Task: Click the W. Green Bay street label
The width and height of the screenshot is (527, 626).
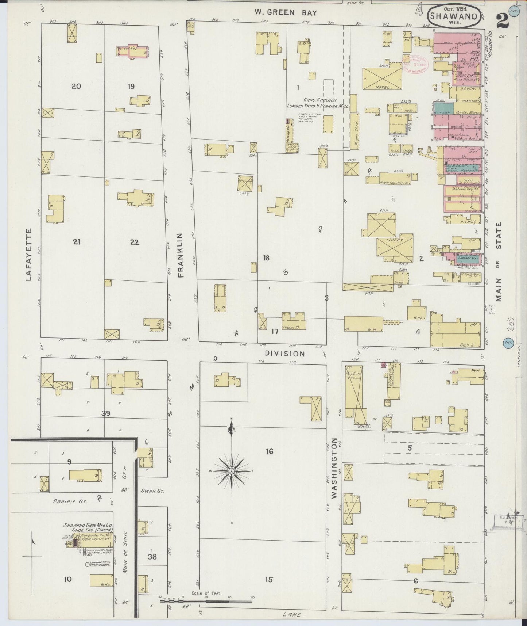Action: (286, 13)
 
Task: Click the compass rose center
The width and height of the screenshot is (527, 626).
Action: (232, 471)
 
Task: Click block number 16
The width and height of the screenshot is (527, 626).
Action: (269, 452)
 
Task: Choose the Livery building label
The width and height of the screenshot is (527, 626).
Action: (395, 241)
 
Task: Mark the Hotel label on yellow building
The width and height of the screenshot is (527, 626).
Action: (383, 88)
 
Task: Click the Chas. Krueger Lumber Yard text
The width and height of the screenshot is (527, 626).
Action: (317, 103)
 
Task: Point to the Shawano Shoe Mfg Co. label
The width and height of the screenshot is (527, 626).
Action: (88, 526)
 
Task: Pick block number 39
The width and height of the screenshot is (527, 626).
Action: (106, 413)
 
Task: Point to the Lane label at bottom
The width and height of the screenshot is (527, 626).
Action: (294, 615)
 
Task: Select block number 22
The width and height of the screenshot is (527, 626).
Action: (135, 242)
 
